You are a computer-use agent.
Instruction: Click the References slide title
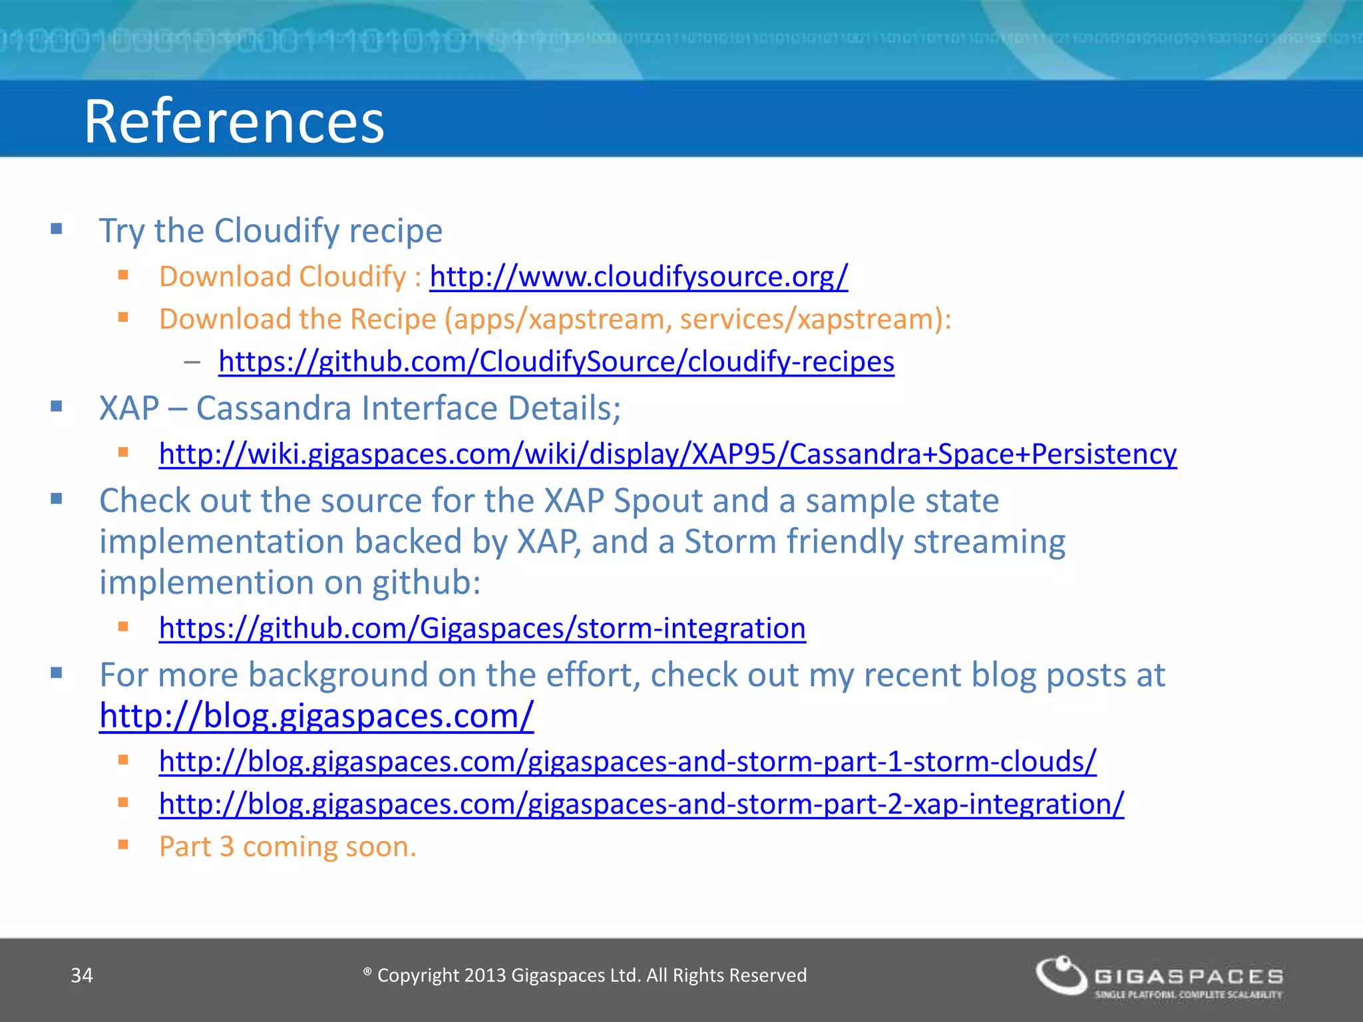[x=234, y=121]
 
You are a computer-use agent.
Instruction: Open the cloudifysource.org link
[x=638, y=277]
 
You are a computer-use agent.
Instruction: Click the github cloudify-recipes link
[x=556, y=362]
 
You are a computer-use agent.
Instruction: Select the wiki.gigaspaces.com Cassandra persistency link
[x=668, y=454]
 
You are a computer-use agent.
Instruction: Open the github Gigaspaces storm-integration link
[x=482, y=629]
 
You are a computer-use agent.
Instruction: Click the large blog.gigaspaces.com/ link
[x=316, y=717]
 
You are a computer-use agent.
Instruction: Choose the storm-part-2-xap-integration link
[x=641, y=804]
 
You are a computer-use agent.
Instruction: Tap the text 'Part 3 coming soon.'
[x=288, y=847]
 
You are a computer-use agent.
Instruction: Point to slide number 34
[x=82, y=975]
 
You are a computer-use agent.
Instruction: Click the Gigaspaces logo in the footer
[x=1158, y=977]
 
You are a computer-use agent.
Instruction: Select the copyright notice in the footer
[x=586, y=975]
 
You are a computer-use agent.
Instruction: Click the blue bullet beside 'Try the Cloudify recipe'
[x=57, y=230]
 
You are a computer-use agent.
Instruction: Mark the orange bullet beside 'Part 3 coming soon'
[x=123, y=845]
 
